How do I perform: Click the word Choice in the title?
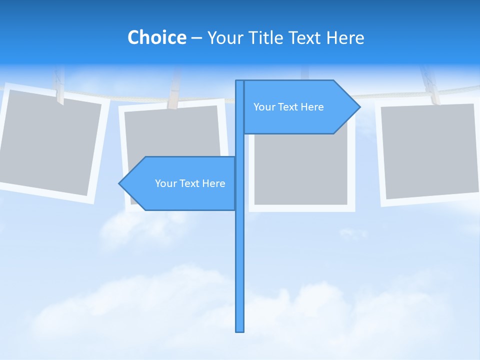pyautogui.click(x=156, y=37)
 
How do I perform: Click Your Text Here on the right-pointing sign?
pyautogui.click(x=288, y=107)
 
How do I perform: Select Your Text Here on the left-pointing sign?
pyautogui.click(x=190, y=183)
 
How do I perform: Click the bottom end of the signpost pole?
pyautogui.click(x=240, y=330)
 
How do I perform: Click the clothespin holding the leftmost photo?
pyautogui.click(x=59, y=87)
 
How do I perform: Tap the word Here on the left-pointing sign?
pyautogui.click(x=213, y=183)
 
